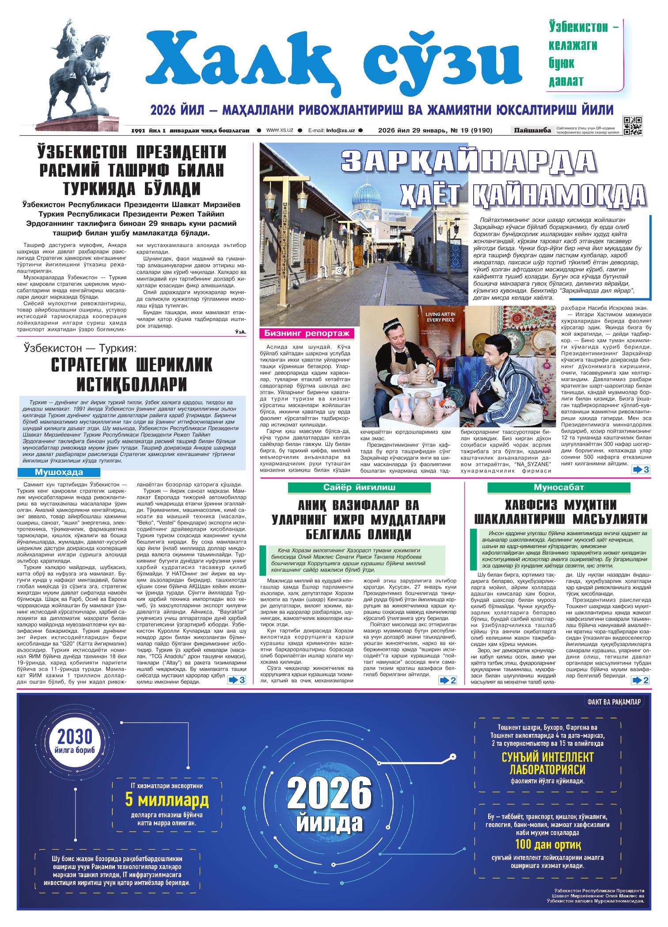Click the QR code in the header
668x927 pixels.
pyautogui.click(x=632, y=126)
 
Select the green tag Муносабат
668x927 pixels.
pyautogui.click(x=559, y=487)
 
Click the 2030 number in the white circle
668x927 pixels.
pyautogui.click(x=74, y=737)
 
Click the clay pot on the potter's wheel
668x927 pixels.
pyautogui.click(x=419, y=375)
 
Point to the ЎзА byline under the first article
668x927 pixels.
pyautogui.click(x=241, y=331)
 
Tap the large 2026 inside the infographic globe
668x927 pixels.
pyautogui.click(x=329, y=795)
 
